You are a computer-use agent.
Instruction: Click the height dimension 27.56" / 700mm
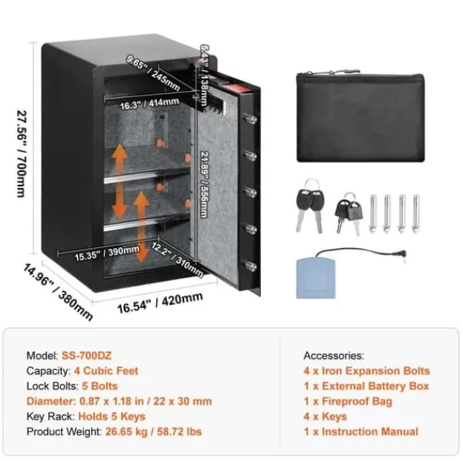[x=22, y=153]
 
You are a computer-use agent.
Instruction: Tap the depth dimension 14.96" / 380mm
[x=58, y=292]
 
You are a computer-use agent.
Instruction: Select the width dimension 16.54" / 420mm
[x=160, y=303]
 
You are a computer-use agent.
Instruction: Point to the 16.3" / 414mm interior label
[x=149, y=104]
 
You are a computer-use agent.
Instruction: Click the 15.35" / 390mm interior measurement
[x=107, y=253]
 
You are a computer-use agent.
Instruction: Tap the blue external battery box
[x=316, y=278]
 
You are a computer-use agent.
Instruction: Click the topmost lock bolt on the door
[x=249, y=119]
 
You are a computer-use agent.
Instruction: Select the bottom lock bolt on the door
[x=250, y=266]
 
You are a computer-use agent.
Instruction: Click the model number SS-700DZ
[x=86, y=356]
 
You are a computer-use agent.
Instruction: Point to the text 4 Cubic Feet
[x=106, y=371]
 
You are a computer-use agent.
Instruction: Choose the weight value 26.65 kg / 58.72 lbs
[x=153, y=432]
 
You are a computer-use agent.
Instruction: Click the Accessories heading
[x=334, y=356]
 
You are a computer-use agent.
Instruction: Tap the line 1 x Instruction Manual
[x=361, y=432]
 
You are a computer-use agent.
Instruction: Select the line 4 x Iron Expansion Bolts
[x=367, y=371]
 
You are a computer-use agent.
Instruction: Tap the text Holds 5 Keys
[x=112, y=417]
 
